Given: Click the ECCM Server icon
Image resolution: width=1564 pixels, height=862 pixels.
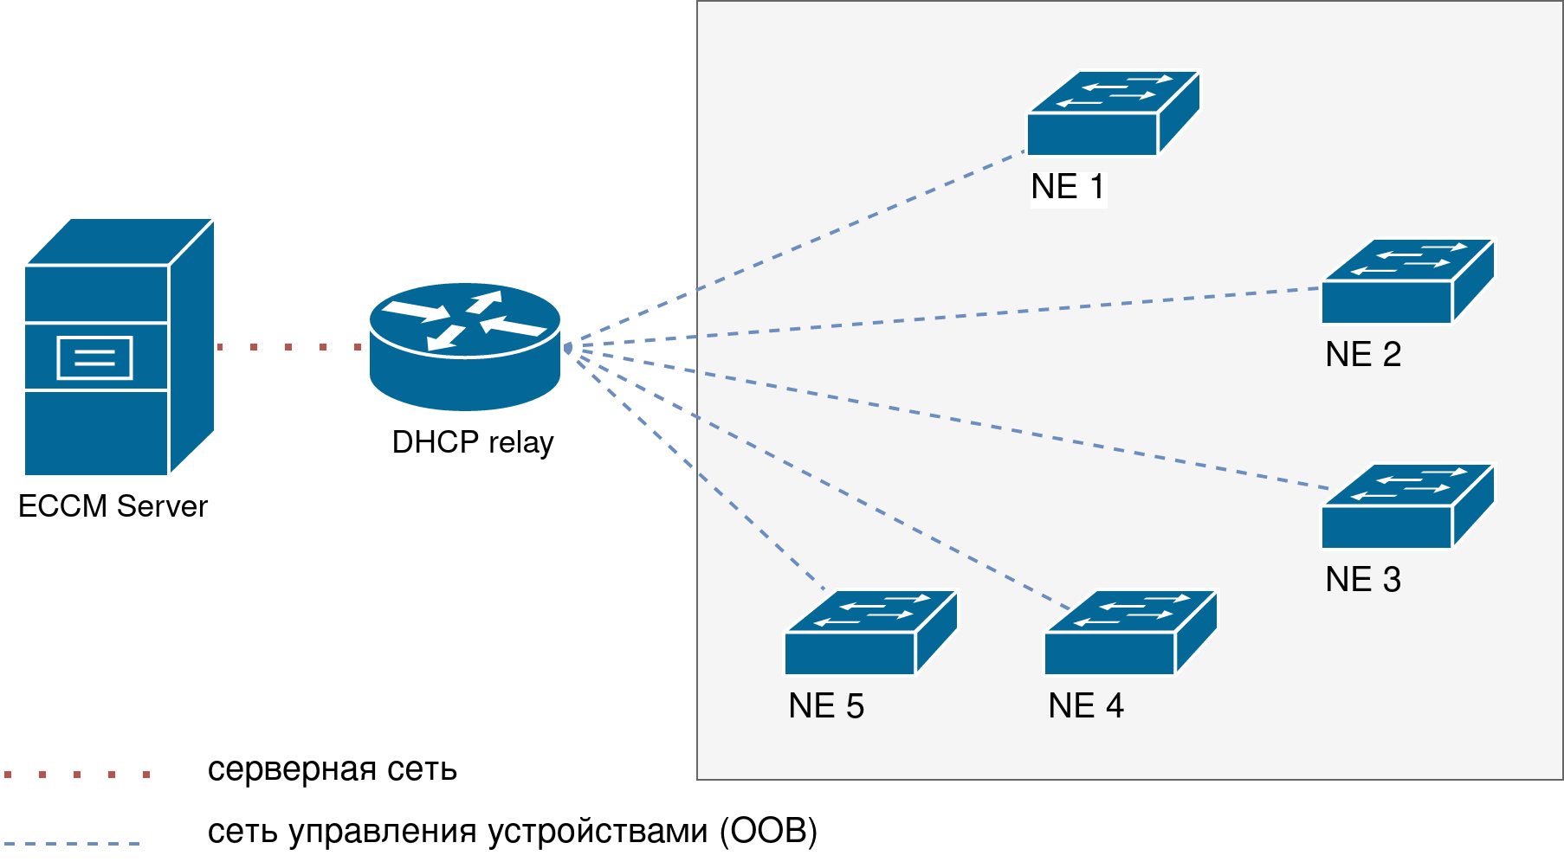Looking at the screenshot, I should [118, 346].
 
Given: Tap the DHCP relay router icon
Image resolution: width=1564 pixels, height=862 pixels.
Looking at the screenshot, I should [465, 346].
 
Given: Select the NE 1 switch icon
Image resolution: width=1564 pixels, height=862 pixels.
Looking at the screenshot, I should [1113, 114].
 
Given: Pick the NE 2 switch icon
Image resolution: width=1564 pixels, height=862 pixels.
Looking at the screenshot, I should [1407, 282].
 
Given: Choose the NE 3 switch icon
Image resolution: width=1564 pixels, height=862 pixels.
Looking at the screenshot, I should [1407, 507].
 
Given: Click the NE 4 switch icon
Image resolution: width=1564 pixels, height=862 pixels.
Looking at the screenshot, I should [1130, 634].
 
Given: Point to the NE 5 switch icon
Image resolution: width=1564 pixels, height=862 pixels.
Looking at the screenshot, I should [870, 634].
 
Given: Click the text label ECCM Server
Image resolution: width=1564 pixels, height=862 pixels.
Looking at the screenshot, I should [113, 506].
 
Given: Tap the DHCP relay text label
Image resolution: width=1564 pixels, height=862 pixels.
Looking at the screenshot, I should [472, 442].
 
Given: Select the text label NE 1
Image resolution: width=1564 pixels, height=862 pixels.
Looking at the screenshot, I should [1067, 187].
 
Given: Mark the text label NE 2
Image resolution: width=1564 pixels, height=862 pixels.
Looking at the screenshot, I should [1362, 355].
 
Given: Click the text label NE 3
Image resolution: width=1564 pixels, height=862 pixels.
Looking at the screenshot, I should [1362, 580].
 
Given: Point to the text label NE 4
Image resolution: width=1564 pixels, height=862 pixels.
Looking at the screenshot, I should [1085, 706].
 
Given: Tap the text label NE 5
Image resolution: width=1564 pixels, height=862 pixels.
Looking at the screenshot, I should [825, 706].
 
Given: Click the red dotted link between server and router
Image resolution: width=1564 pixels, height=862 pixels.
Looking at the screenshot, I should [288, 347].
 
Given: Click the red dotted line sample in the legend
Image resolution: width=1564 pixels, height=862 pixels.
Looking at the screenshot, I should [77, 774].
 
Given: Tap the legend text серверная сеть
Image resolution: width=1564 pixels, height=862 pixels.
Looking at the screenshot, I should [332, 769].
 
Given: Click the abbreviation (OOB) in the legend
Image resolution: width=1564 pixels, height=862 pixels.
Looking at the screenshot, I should [768, 831].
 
